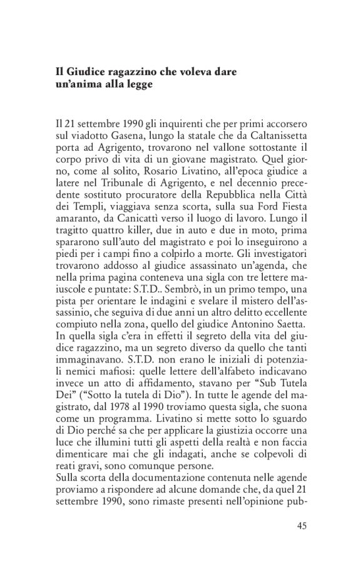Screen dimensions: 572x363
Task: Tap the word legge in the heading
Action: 137,84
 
